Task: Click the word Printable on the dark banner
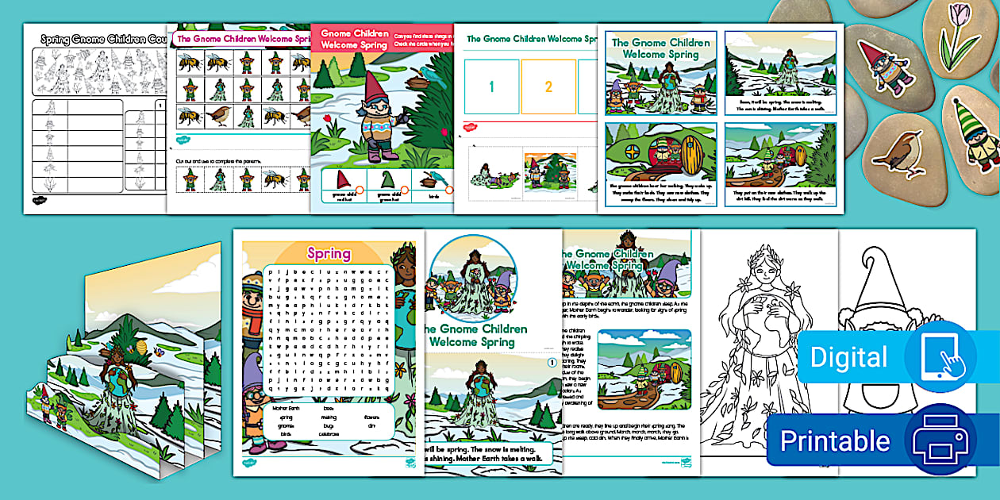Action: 835,440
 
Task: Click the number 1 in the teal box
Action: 491,87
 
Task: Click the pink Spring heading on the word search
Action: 329,254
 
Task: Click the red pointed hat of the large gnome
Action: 358,88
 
